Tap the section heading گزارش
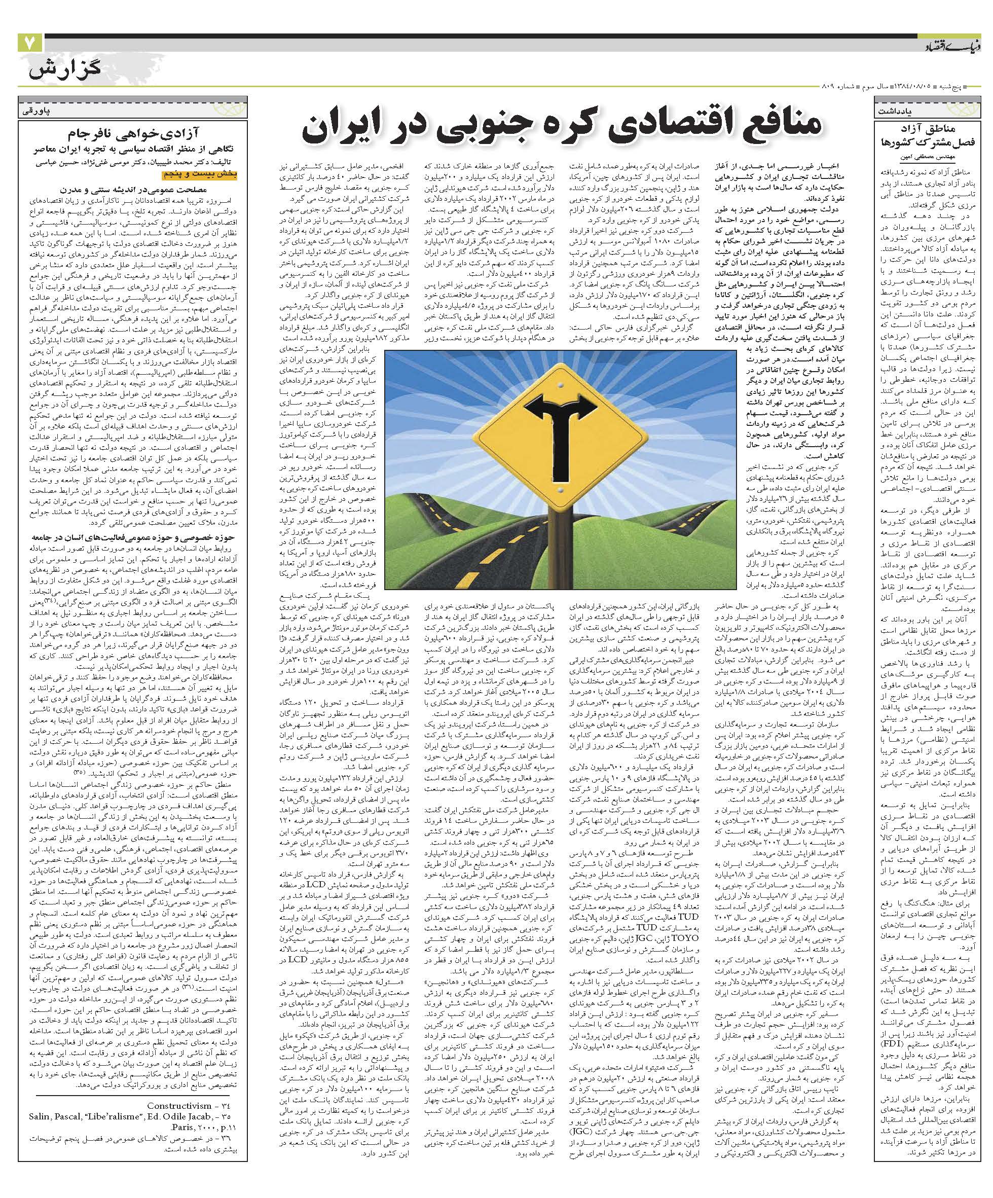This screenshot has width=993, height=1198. coord(64,72)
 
